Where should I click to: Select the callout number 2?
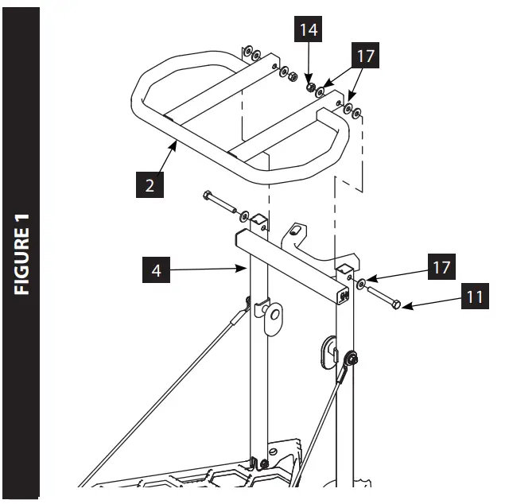pos(150,185)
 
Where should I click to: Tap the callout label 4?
pos(157,270)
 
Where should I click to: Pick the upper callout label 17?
pos(365,56)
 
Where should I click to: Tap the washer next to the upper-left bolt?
pos(243,215)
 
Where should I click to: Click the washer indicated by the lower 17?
pos(361,284)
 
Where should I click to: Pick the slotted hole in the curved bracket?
pos(297,230)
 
